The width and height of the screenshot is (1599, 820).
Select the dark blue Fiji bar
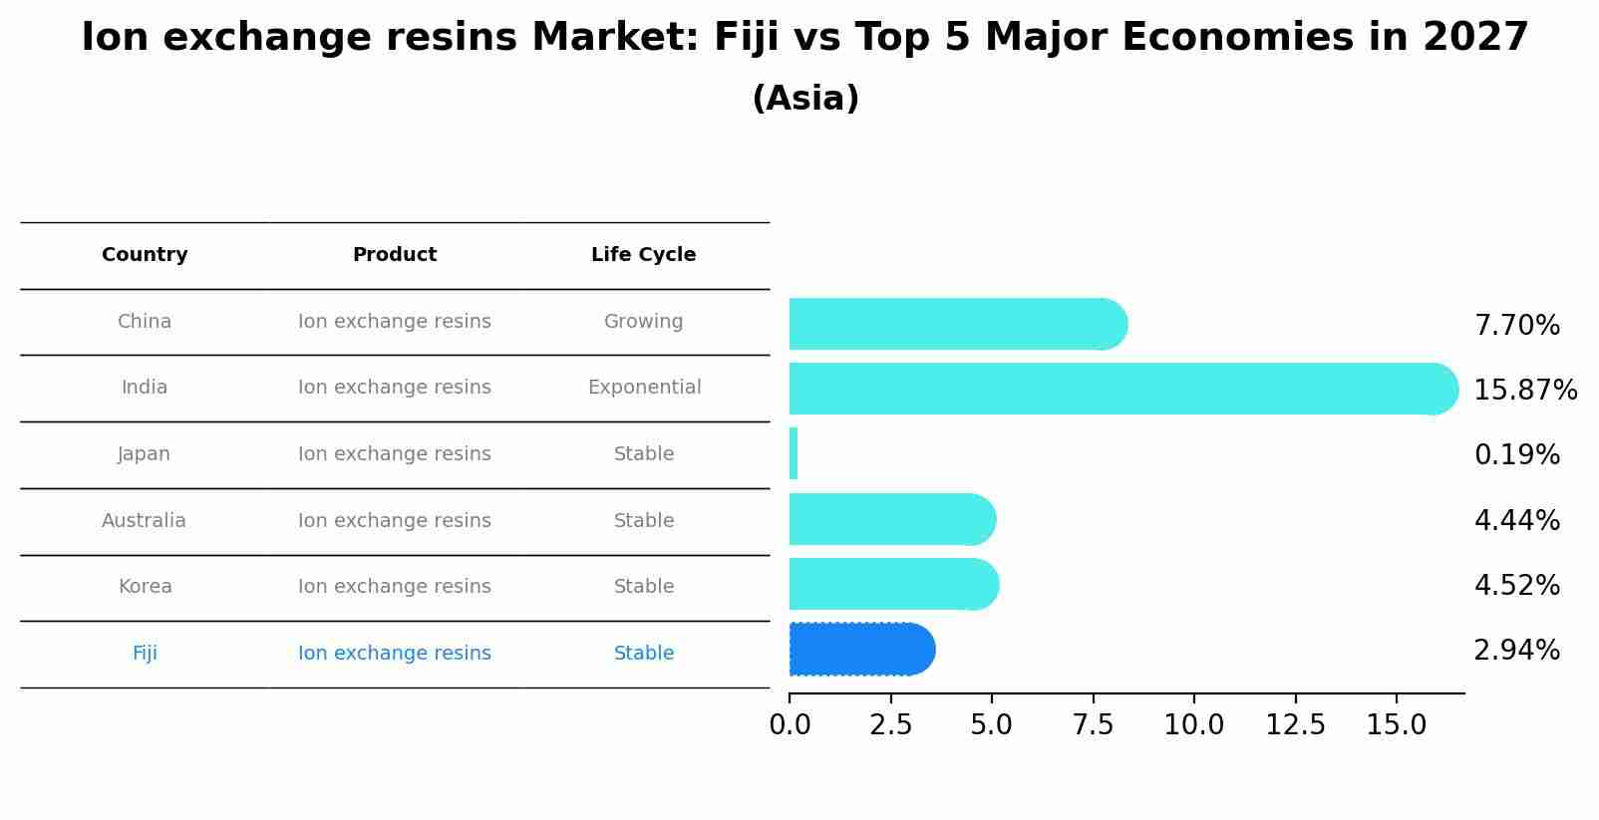(860, 650)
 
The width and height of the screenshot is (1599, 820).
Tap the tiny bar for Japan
(794, 453)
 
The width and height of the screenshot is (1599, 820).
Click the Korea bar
(892, 584)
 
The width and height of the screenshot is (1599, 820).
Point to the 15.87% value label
(1524, 391)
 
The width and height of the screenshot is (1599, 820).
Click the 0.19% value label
(1516, 455)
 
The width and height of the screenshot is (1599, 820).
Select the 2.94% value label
(1516, 651)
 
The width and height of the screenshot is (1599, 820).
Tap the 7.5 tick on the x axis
(1093, 725)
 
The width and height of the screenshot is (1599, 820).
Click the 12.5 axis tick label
(1295, 725)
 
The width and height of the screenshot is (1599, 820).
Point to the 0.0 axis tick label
(790, 725)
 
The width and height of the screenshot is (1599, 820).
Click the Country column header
(145, 255)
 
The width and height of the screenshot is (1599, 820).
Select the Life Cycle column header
(643, 255)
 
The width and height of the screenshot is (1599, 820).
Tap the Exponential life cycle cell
(644, 388)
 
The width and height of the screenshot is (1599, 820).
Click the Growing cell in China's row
(643, 322)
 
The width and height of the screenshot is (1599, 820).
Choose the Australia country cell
(144, 521)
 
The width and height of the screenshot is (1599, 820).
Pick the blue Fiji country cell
(145, 654)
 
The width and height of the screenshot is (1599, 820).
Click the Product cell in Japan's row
(394, 454)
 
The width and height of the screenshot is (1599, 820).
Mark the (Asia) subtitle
(805, 99)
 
